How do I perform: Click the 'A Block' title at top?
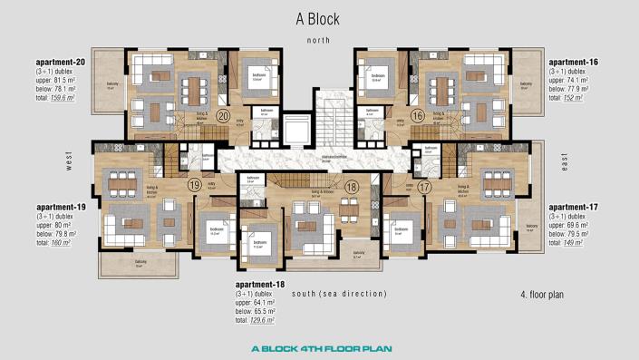tap(319, 18)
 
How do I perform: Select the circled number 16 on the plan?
tap(418, 116)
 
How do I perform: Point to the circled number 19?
tap(194, 184)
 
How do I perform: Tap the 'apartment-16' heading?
tap(575, 62)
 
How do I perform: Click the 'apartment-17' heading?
tap(575, 207)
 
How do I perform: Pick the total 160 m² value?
tap(61, 244)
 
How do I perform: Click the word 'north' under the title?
tap(319, 40)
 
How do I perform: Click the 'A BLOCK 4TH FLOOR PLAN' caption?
tap(319, 348)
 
